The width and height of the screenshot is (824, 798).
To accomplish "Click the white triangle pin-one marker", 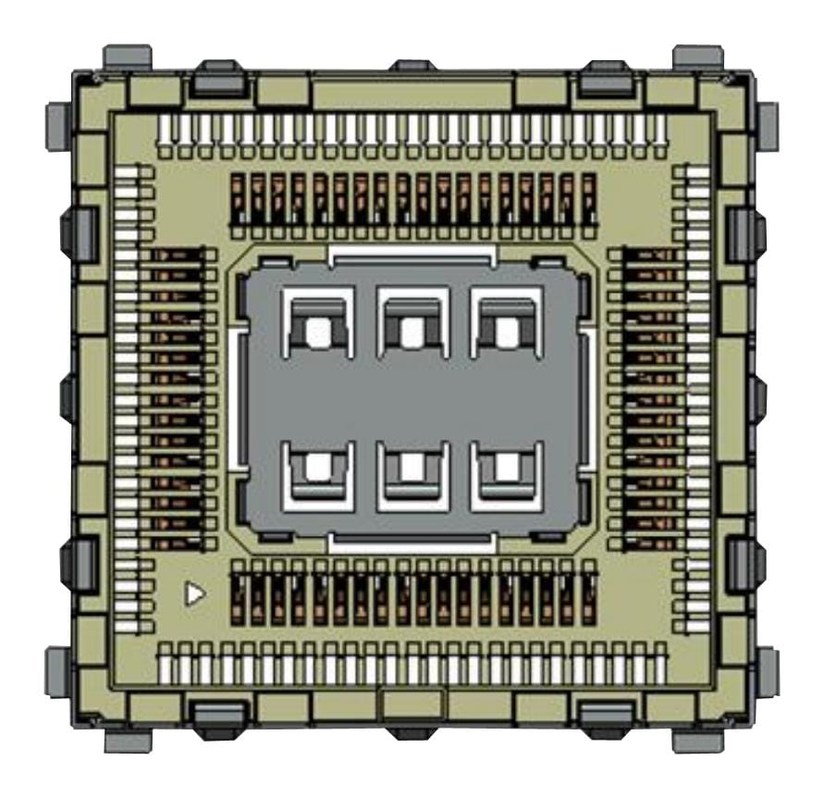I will point(193,593).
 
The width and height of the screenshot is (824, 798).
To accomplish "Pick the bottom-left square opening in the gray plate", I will point(317,468).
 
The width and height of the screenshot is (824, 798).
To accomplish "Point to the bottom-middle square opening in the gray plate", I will point(412,468).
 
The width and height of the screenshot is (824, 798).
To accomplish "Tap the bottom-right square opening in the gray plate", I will point(506,468).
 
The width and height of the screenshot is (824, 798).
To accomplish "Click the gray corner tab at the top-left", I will point(127,57).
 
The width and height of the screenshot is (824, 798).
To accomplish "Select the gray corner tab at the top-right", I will point(697,57).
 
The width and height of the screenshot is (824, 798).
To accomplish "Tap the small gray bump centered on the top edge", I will point(412,66).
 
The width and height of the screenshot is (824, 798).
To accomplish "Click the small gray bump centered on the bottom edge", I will point(412,731).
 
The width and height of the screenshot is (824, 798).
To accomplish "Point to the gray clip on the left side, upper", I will point(79,230).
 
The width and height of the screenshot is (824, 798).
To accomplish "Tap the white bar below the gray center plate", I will point(412,545).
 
